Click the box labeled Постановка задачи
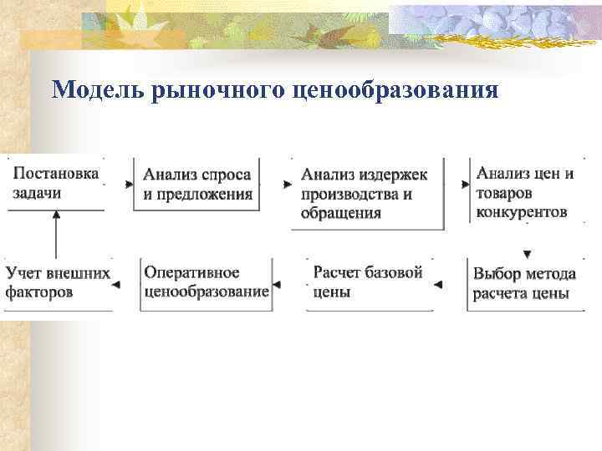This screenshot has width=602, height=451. pos(55,182)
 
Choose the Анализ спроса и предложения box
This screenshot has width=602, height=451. pos(197,184)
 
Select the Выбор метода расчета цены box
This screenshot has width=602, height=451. pos(524,284)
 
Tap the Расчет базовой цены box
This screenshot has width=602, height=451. pos(368,282)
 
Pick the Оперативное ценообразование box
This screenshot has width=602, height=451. pos(206,282)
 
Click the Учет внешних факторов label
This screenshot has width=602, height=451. pos(58,282)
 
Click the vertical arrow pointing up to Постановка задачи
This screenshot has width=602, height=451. pos(56,234)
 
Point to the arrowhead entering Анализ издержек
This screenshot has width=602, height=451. pos(288,183)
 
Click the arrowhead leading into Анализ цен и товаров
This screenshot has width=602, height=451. pos(465,183)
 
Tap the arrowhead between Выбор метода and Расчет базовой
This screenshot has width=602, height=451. pos(436,285)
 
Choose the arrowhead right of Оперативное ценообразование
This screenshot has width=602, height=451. pos(277,285)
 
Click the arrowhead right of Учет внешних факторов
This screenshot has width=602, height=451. pos(115,285)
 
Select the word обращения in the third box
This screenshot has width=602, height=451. pos(341,213)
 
